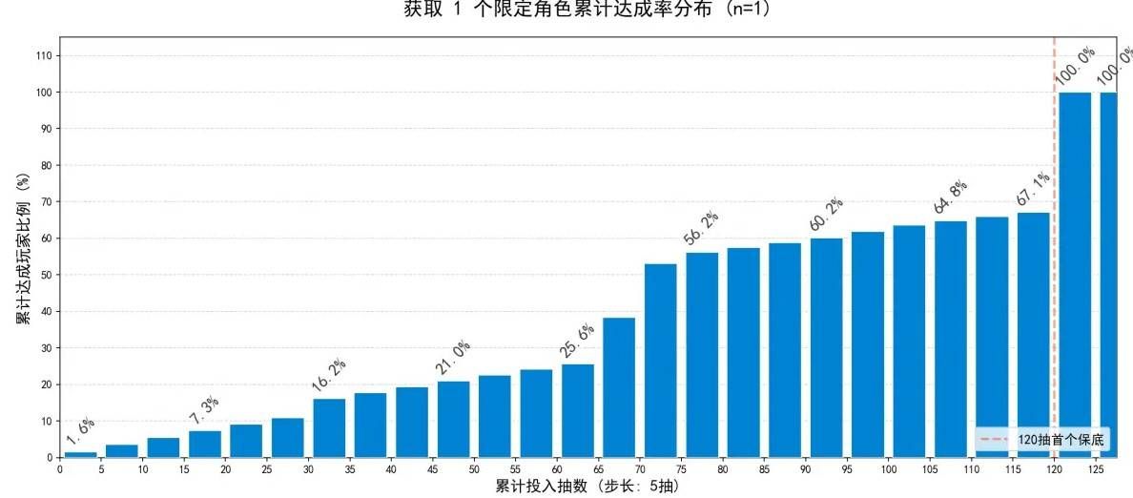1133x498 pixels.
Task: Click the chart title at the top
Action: click(x=587, y=10)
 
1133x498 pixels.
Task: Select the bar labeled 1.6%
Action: click(x=80, y=454)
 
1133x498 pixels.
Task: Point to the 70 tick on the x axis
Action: click(x=641, y=469)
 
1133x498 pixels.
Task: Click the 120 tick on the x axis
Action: click(x=1055, y=469)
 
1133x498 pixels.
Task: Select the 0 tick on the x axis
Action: click(x=60, y=469)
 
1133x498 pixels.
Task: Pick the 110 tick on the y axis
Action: click(x=44, y=56)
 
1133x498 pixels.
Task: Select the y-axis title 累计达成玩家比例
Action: click(x=22, y=248)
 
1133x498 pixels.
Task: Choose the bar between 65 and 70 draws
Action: click(x=619, y=388)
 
